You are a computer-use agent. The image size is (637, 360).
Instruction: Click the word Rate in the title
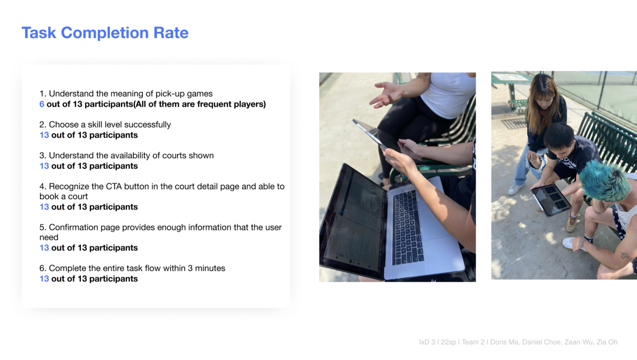click(171, 33)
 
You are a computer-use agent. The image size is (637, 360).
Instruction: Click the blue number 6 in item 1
click(41, 104)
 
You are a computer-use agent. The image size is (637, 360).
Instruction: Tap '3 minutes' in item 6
click(206, 268)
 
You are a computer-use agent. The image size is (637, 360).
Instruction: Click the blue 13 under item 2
click(44, 135)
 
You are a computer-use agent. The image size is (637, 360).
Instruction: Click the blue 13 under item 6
click(44, 279)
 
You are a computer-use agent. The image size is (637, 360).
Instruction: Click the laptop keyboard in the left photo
click(408, 227)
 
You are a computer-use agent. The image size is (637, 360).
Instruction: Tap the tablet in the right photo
click(550, 200)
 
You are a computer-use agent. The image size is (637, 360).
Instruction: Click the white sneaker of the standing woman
click(515, 189)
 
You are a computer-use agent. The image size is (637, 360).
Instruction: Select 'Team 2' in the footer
click(473, 342)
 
